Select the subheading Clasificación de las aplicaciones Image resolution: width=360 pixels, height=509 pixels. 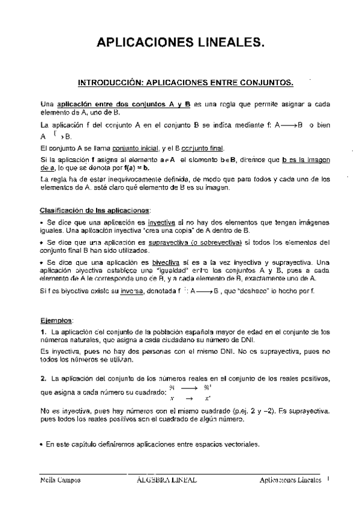click(95, 210)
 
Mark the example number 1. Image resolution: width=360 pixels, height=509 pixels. click(43, 331)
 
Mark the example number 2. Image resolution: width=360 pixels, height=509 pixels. click(43, 379)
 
